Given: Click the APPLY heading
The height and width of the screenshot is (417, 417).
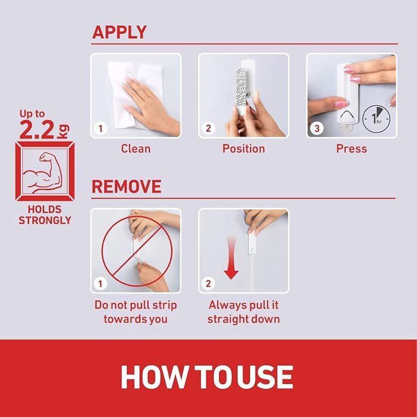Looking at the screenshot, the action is (x=119, y=32).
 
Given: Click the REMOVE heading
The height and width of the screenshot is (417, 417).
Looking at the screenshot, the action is (x=127, y=187).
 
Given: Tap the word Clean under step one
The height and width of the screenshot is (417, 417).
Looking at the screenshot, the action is (x=136, y=149).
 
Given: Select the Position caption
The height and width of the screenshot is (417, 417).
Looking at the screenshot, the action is (x=243, y=149).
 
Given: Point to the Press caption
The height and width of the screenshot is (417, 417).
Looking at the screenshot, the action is (x=351, y=149).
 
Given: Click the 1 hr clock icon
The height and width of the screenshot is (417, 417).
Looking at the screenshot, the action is (x=376, y=119).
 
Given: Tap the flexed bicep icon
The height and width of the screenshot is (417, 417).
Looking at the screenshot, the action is (x=43, y=172).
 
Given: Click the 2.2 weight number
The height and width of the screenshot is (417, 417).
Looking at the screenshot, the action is (x=37, y=129).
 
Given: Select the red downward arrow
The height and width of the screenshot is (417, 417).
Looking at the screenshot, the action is (x=231, y=258).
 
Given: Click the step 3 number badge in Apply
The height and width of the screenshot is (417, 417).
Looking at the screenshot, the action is (x=317, y=128).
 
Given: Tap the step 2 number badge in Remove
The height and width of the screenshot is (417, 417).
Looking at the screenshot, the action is (x=208, y=284).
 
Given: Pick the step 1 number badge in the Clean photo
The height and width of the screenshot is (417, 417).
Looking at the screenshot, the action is (x=101, y=128).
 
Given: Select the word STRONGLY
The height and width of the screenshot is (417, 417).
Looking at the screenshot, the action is (x=45, y=220).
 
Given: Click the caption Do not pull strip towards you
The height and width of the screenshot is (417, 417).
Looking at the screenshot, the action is (x=136, y=312).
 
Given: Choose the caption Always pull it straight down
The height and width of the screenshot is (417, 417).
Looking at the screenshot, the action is (x=243, y=312).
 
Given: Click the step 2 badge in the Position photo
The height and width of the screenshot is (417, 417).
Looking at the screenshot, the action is (x=208, y=128).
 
